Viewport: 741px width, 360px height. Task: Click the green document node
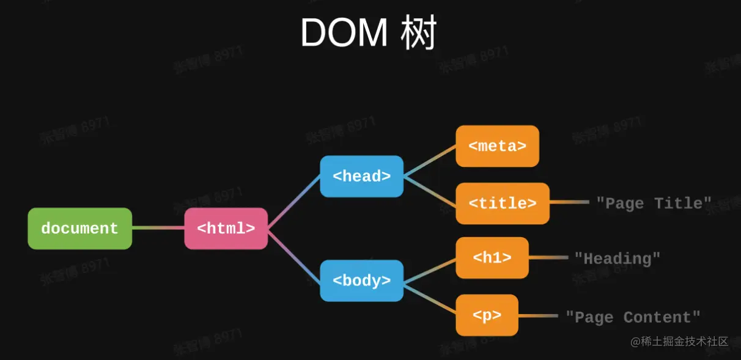[79, 229]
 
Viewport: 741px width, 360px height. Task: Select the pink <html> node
[226, 229]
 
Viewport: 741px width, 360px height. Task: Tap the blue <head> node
[361, 176]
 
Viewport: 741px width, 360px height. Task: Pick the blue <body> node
[361, 281]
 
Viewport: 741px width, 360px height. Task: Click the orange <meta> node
[497, 146]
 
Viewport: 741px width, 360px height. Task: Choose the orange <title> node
[503, 203]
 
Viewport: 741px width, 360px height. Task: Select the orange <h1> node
[492, 258]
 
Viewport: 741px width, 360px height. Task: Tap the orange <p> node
[487, 315]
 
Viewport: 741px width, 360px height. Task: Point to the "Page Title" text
[654, 203]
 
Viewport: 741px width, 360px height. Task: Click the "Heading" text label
[617, 259]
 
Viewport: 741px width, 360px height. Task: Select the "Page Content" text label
[632, 317]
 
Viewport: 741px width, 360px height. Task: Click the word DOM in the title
[344, 34]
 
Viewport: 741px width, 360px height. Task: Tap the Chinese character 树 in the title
[418, 34]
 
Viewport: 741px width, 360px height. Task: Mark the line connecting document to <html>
[158, 229]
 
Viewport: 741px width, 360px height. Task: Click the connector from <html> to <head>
[294, 202]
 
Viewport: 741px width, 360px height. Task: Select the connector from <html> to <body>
[294, 255]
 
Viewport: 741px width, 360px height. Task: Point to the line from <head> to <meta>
[430, 161]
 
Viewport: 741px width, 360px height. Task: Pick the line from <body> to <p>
[430, 298]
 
